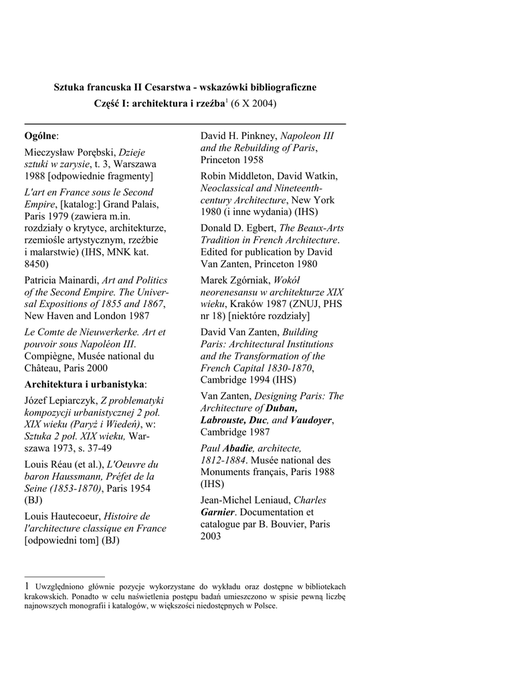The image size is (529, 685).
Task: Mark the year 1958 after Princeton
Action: point(251,160)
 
